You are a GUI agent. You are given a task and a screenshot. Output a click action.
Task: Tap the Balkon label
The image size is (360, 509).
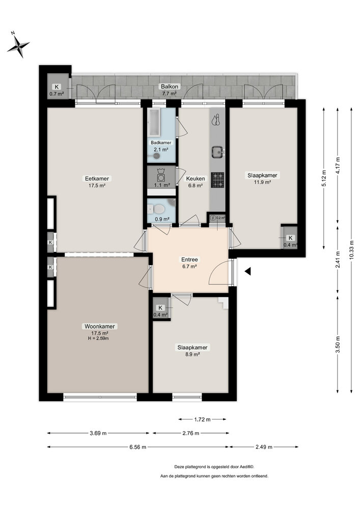click(x=170, y=87)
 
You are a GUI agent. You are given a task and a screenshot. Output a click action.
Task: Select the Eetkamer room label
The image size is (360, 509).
click(x=97, y=179)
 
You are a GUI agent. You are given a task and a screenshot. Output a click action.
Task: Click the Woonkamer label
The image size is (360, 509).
click(x=100, y=326)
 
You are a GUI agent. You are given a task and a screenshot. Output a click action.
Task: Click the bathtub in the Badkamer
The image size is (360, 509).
click(x=154, y=122)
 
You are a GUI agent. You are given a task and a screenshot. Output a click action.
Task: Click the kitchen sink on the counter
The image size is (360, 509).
click(x=217, y=151)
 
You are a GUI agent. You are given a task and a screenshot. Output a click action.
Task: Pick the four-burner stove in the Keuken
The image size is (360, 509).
click(x=217, y=180)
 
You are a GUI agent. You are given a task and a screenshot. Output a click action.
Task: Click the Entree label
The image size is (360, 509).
click(x=189, y=260)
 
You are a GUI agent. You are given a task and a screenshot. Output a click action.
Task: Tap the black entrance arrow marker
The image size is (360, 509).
click(x=247, y=271)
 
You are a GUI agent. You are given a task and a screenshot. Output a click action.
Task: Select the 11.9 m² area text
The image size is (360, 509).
click(x=262, y=182)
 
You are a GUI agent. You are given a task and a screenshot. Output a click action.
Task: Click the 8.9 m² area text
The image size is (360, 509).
click(x=192, y=354)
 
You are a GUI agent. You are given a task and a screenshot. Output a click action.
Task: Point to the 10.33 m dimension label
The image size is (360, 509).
click(x=351, y=250)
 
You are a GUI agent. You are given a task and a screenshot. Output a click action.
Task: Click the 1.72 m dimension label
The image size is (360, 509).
click(x=202, y=419)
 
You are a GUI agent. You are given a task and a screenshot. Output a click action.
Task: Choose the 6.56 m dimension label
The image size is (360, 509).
click(x=138, y=447)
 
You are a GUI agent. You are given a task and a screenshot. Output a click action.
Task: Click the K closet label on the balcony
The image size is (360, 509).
click(x=57, y=87)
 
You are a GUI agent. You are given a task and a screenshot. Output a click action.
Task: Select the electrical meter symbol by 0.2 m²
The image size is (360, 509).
click(x=213, y=218)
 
